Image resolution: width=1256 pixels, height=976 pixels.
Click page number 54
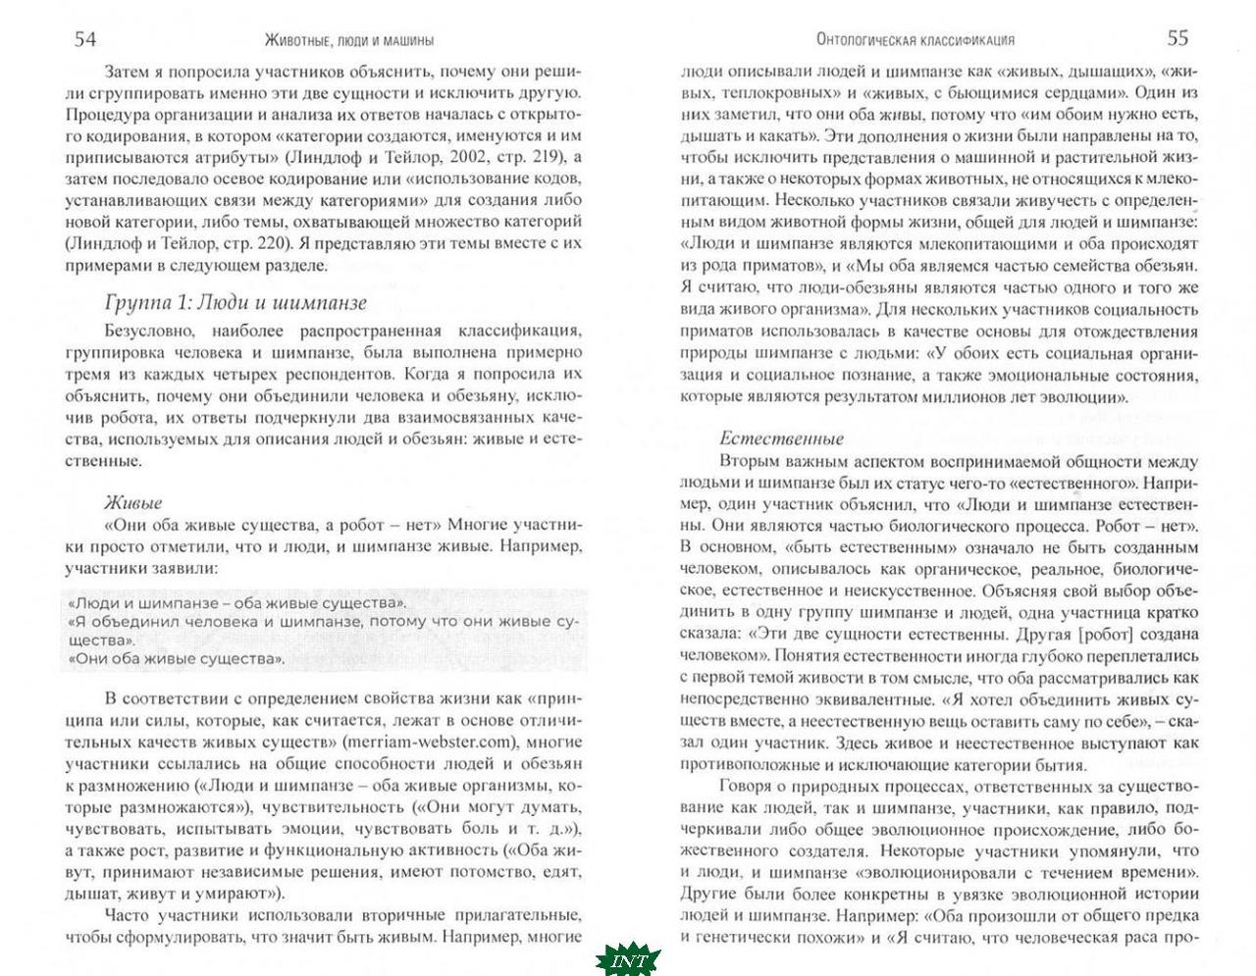click(85, 39)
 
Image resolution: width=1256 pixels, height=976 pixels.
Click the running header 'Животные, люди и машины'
click(349, 41)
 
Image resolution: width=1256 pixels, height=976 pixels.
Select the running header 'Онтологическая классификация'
click(916, 40)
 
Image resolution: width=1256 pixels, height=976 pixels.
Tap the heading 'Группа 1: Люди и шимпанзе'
click(235, 303)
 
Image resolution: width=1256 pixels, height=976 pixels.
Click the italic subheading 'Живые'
click(131, 503)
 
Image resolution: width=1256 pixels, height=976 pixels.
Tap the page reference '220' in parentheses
click(270, 244)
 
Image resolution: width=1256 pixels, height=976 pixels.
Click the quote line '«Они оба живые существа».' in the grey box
click(178, 658)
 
